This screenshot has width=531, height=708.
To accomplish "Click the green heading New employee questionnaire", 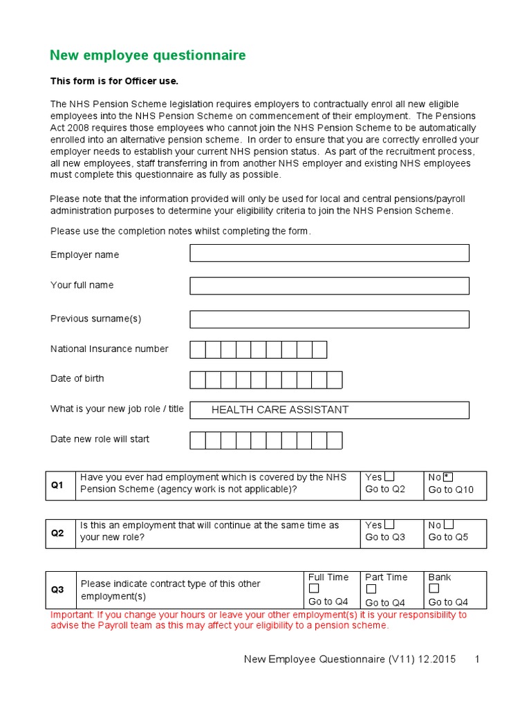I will pyautogui.click(x=147, y=55).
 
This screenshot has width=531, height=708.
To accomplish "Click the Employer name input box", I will pyautogui.click(x=329, y=253).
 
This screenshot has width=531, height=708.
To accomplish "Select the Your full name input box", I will pyautogui.click(x=329, y=286).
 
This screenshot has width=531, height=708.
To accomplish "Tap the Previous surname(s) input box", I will pyautogui.click(x=329, y=319).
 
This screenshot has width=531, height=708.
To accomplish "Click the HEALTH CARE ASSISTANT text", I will pyautogui.click(x=280, y=410).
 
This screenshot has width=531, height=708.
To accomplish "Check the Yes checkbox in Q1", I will pyautogui.click(x=390, y=476).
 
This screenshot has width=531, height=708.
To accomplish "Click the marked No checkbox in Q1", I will pyautogui.click(x=448, y=476).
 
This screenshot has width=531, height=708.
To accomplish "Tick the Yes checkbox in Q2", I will pyautogui.click(x=390, y=525).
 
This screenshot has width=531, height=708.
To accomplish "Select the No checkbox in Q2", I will pyautogui.click(x=449, y=525).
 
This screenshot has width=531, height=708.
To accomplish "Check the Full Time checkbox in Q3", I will pyautogui.click(x=314, y=589).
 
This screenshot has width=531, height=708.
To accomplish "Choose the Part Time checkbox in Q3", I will pyautogui.click(x=371, y=589).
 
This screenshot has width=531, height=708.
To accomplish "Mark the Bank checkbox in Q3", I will pyautogui.click(x=434, y=589).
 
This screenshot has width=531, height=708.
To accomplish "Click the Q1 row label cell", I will pyautogui.click(x=61, y=485).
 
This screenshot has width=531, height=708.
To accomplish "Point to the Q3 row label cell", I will pyautogui.click(x=61, y=590).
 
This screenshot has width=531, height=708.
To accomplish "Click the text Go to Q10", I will pyautogui.click(x=451, y=490).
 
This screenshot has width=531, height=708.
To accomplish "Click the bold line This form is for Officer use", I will pyautogui.click(x=114, y=81).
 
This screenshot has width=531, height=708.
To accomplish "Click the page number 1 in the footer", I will pyautogui.click(x=477, y=660).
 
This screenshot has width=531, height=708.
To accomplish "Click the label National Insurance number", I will pyautogui.click(x=109, y=349).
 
